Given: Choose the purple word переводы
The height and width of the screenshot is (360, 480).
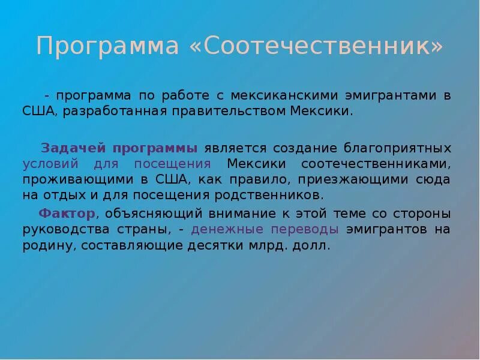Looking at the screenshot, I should [306, 230].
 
